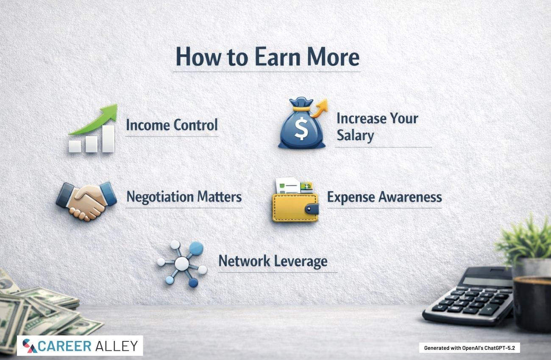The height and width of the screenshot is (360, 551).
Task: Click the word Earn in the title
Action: (278, 57)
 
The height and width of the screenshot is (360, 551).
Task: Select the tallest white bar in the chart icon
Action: (108, 138)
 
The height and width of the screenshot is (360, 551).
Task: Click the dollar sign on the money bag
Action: (301, 128)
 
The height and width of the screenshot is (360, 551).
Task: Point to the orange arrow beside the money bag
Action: (320, 108)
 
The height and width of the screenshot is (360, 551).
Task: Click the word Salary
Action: (355, 136)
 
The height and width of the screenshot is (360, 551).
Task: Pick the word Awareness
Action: (410, 197)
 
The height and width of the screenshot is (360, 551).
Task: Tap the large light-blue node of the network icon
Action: (196, 249)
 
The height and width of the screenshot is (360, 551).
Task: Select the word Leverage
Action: (301, 261)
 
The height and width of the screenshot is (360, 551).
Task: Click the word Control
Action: (195, 125)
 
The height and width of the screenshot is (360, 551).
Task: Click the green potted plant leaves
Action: (524, 240)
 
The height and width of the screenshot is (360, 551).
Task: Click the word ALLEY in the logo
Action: (117, 346)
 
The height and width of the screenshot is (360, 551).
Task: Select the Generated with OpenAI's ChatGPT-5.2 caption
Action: (470, 348)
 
